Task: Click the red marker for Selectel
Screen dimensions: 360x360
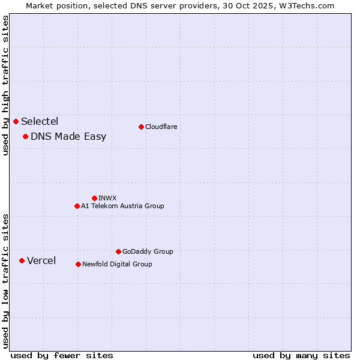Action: pyautogui.click(x=16, y=122)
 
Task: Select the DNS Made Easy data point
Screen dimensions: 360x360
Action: pyautogui.click(x=26, y=137)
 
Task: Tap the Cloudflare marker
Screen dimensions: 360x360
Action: pyautogui.click(x=141, y=127)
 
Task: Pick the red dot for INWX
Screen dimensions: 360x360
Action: pyautogui.click(x=94, y=198)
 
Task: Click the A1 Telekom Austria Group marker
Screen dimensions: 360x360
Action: pyautogui.click(x=77, y=206)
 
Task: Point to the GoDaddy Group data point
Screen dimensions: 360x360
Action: pyautogui.click(x=118, y=252)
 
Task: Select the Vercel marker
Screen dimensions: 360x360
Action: pyautogui.click(x=22, y=261)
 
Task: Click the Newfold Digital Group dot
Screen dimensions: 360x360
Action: pyautogui.click(x=78, y=264)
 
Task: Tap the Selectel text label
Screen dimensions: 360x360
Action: pyautogui.click(x=40, y=122)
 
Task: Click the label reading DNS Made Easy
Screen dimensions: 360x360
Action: pyautogui.click(x=68, y=137)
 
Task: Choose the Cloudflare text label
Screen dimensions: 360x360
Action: pyautogui.click(x=161, y=127)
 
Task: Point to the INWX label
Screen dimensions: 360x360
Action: pyautogui.click(x=107, y=198)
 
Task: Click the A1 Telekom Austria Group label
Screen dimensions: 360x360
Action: pyautogui.click(x=122, y=206)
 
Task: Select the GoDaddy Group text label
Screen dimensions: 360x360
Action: pyautogui.click(x=148, y=252)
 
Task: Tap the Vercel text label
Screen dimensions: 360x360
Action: pyautogui.click(x=41, y=261)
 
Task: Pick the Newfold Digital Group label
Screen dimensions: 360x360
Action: pyautogui.click(x=117, y=264)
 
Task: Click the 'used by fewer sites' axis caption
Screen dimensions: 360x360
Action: pyautogui.click(x=62, y=355)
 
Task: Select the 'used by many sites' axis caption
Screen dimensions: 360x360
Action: pyautogui.click(x=301, y=355)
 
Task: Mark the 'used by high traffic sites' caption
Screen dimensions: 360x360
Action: pyautogui.click(x=5, y=85)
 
